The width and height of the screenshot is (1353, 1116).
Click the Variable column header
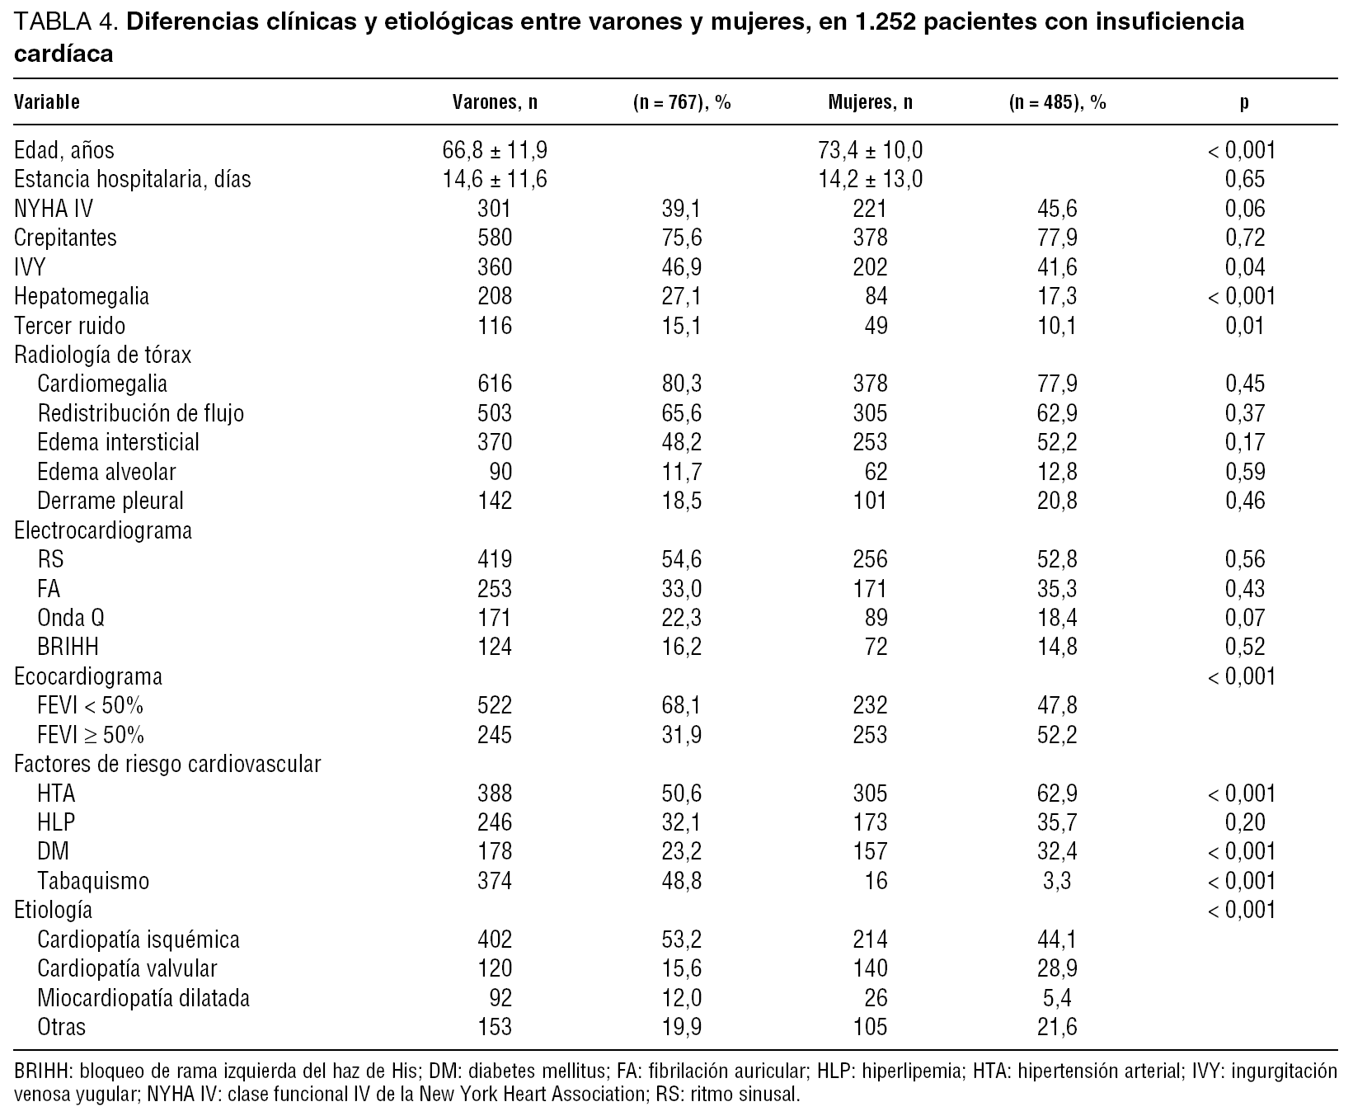47,102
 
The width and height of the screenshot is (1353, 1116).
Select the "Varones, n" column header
495,102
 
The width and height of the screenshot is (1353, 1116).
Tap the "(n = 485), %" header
1057,102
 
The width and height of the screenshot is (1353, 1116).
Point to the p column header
1244,102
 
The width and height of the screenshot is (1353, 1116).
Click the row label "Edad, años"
64,150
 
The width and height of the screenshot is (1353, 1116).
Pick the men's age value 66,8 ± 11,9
495,150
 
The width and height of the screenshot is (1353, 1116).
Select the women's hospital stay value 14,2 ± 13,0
871,179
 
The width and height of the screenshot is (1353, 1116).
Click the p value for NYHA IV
1245,209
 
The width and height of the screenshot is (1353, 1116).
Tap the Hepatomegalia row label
82,296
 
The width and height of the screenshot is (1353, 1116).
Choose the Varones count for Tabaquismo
495,881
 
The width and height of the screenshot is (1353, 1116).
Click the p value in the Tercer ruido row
1245,326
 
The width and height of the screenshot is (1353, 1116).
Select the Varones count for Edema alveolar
500,472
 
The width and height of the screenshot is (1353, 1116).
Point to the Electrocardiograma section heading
103,530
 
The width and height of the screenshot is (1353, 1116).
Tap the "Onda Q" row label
71,618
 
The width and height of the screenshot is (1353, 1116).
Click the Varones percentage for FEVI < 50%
682,706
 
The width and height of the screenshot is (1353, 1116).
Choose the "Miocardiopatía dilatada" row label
143,998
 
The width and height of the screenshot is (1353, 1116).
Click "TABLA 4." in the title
66,21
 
